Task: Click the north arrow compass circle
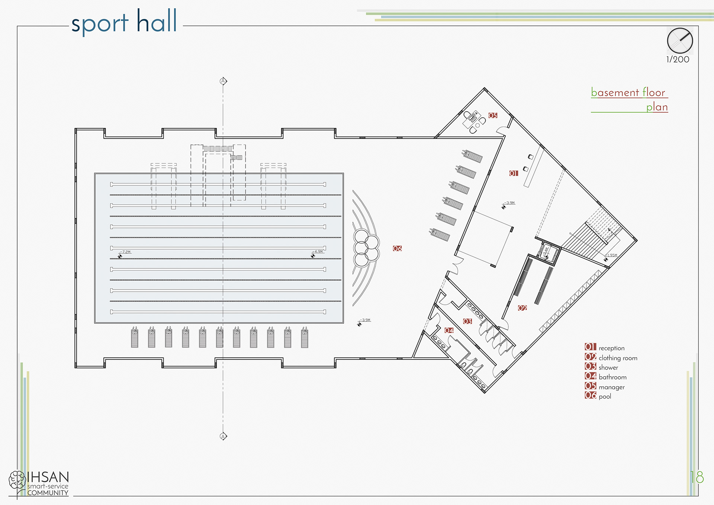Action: (x=680, y=41)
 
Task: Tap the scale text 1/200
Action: (x=678, y=59)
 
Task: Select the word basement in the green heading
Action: (x=615, y=92)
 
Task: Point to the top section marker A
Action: (x=223, y=81)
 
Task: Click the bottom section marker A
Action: (x=223, y=436)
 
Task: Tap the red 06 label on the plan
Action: (x=397, y=248)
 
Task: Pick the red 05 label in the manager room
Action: (x=493, y=115)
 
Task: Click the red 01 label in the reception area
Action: (x=514, y=173)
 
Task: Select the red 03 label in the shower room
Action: (x=467, y=321)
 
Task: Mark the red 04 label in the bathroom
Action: (x=449, y=330)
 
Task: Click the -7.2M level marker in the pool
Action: (x=126, y=252)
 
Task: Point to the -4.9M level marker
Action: (x=318, y=252)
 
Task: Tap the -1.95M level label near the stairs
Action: (x=611, y=255)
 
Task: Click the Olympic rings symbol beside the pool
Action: (x=366, y=248)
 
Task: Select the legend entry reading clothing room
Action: (x=618, y=358)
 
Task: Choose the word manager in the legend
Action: (x=611, y=387)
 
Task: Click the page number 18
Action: (x=697, y=477)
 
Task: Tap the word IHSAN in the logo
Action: (x=48, y=477)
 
